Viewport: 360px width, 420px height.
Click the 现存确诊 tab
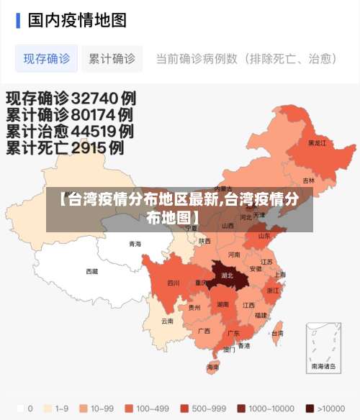pyautogui.click(x=47, y=59)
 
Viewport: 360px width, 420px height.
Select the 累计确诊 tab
pyautogui.click(x=112, y=59)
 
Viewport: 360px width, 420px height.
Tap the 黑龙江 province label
pyautogui.click(x=317, y=143)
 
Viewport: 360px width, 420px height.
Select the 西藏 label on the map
pyautogui.click(x=92, y=272)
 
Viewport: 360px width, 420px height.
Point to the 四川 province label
pyautogui.click(x=174, y=283)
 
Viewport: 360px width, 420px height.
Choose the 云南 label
pyautogui.click(x=167, y=321)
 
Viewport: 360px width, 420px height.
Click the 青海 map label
pyautogui.click(x=135, y=244)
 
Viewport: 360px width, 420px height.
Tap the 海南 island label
pyautogui.click(x=213, y=367)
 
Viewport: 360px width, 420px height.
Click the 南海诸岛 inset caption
pyautogui.click(x=323, y=366)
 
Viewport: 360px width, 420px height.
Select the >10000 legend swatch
pyautogui.click(x=310, y=408)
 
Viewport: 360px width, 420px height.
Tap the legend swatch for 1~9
pyautogui.click(x=48, y=408)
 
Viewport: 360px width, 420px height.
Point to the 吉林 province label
pyautogui.click(x=309, y=180)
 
